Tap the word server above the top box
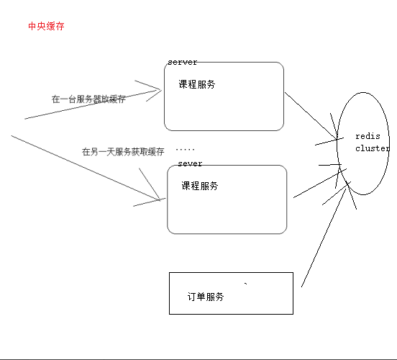(x=182, y=63)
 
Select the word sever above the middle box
(x=189, y=163)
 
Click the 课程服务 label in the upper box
(x=197, y=84)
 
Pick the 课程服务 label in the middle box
(x=200, y=186)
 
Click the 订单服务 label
(x=205, y=297)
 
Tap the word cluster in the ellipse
(x=372, y=148)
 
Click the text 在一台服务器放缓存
(x=89, y=99)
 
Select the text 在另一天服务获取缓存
(x=123, y=152)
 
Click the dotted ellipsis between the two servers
(x=185, y=149)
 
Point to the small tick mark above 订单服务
(x=247, y=284)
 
